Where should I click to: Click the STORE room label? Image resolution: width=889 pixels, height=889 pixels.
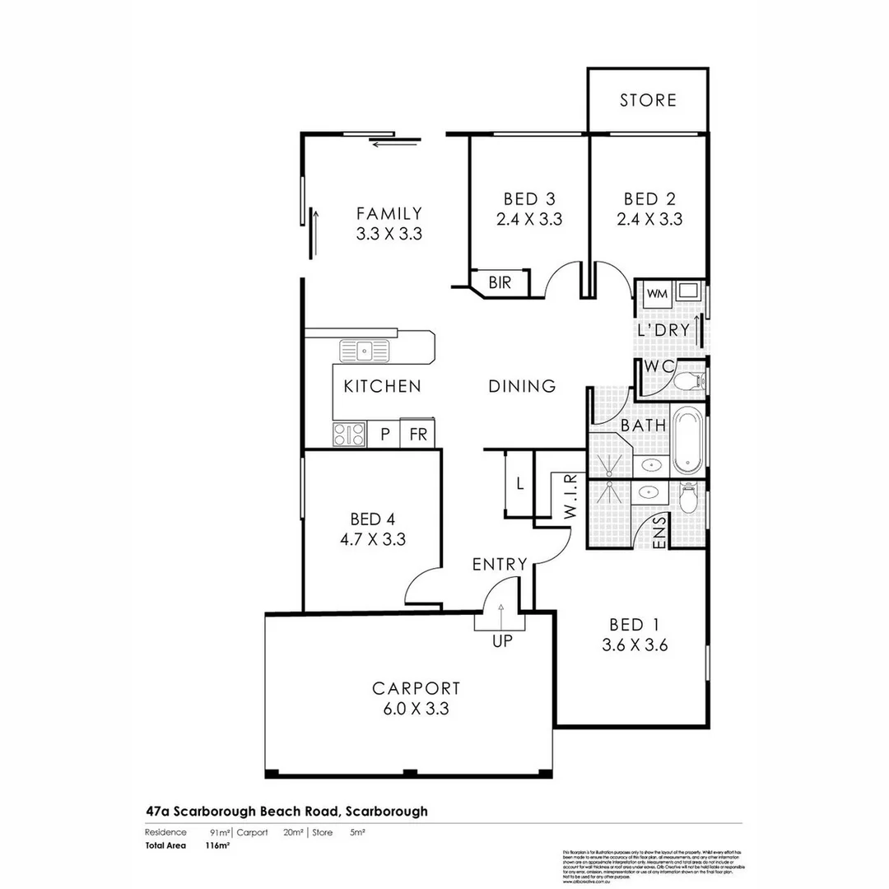click(648, 100)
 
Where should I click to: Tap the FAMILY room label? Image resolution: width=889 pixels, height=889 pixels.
click(389, 214)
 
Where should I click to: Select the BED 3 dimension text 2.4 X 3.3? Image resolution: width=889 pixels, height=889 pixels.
click(529, 220)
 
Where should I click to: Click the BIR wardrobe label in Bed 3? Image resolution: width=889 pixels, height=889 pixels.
click(499, 282)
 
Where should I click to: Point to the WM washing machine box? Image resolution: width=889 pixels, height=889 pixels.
click(656, 294)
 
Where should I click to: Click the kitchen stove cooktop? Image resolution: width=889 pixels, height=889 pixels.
click(349, 434)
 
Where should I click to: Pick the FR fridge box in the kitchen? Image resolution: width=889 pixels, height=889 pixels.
click(418, 434)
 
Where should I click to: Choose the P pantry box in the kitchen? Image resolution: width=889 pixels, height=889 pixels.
click(384, 434)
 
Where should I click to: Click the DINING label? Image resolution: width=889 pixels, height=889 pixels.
click(522, 386)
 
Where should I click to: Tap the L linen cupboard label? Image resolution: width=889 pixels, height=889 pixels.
click(519, 484)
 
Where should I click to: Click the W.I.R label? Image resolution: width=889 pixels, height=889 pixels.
click(570, 497)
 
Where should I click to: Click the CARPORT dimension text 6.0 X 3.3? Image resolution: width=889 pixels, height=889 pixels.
click(415, 709)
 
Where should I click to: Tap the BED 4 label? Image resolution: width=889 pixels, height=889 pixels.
click(372, 519)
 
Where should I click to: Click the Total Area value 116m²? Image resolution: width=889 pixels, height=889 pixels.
click(217, 845)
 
